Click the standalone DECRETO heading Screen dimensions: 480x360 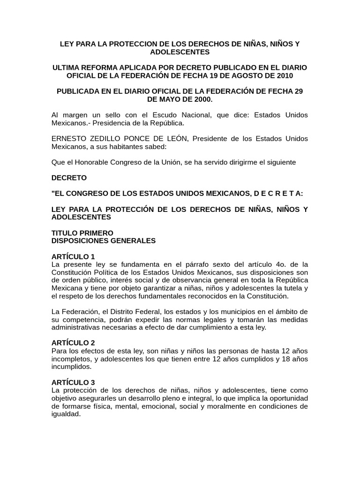(69, 178)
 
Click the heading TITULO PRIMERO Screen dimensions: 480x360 (82, 233)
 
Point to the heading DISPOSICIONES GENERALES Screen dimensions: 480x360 (103, 241)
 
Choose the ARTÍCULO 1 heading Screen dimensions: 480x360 (73, 256)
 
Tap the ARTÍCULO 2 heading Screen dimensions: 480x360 (73, 343)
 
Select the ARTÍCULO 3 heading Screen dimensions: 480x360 (73, 382)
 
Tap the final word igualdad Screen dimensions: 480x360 (66, 414)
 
